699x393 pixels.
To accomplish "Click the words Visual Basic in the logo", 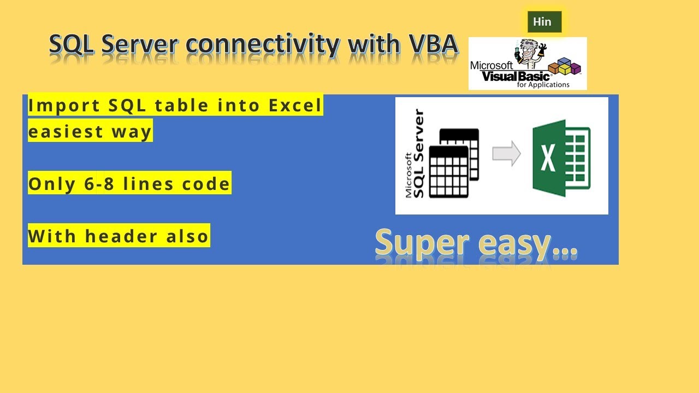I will click(516, 76).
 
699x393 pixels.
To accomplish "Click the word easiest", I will click(66, 132).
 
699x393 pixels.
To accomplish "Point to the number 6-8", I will click(100, 184).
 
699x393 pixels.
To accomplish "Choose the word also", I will click(188, 236).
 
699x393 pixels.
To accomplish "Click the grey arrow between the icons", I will click(506, 154).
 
